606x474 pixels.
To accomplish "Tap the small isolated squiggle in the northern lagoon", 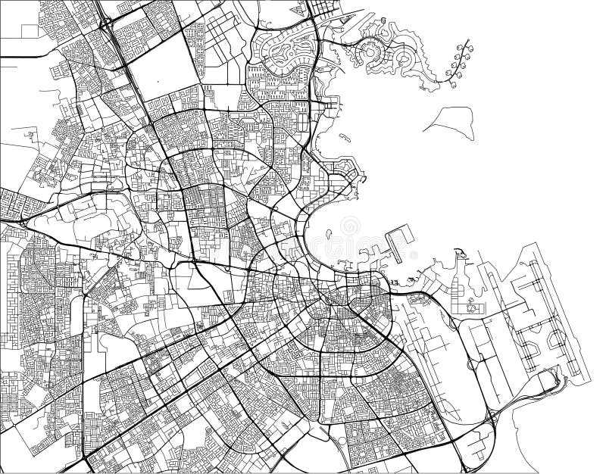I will pyautogui.click(x=344, y=137).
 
